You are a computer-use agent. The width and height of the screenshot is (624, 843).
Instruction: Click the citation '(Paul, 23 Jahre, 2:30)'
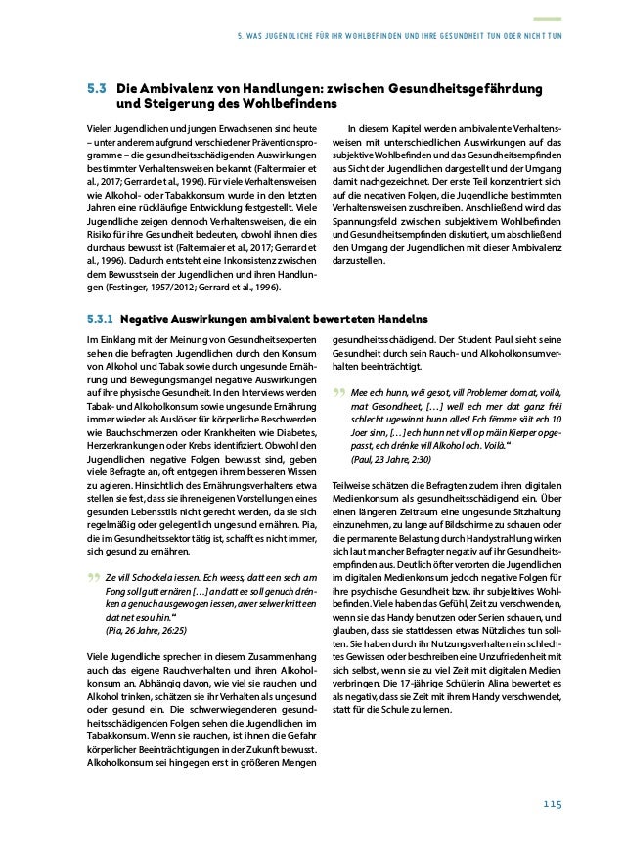pos(387,458)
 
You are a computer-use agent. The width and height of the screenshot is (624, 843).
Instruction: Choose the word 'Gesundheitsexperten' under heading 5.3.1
pos(254,340)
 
